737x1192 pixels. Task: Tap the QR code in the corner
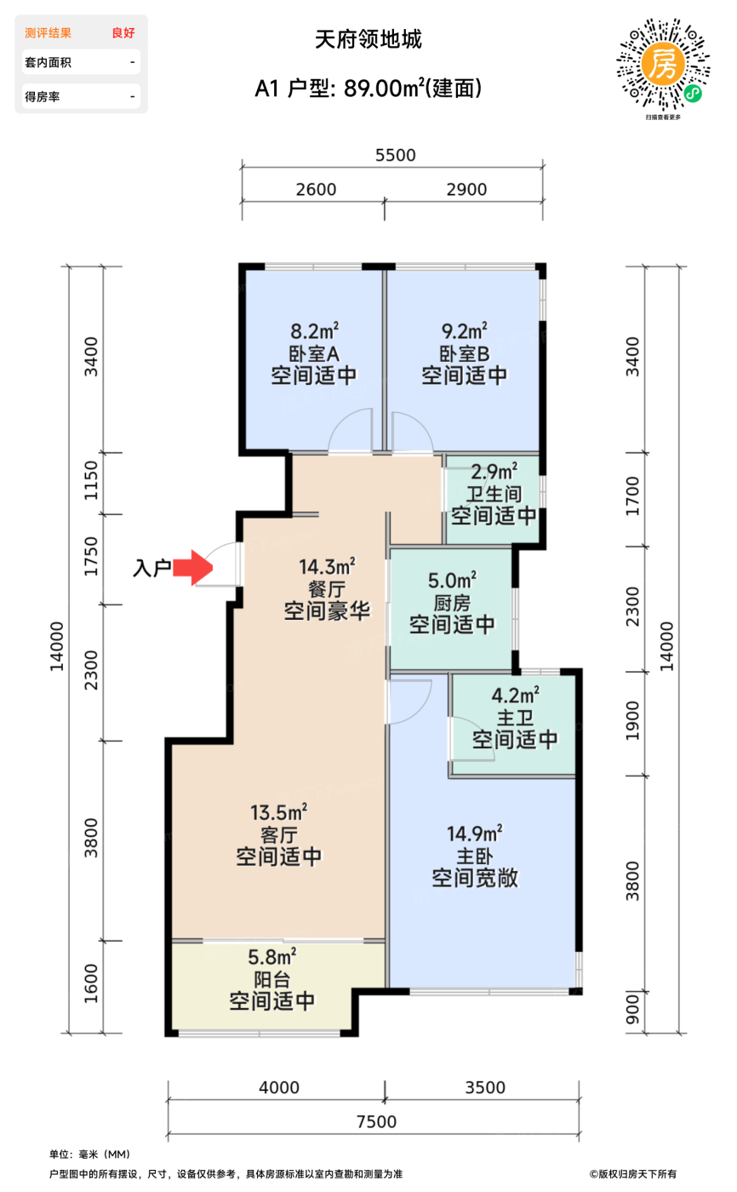click(663, 65)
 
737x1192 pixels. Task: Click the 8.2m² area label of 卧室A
click(314, 331)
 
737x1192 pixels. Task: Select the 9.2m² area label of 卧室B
click(464, 331)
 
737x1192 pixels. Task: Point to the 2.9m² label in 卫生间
click(494, 472)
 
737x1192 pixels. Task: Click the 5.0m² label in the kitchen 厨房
click(452, 580)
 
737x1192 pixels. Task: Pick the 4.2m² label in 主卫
click(515, 695)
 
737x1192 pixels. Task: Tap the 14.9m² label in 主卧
click(474, 834)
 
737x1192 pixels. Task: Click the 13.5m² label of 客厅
click(278, 812)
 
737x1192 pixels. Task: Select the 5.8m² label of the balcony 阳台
click(271, 957)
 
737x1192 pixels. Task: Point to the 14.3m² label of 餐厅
click(327, 567)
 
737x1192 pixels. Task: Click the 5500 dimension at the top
click(395, 155)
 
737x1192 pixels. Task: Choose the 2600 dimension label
click(316, 189)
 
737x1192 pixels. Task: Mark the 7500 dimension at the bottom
click(376, 1122)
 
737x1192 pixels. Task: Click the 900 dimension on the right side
click(631, 1008)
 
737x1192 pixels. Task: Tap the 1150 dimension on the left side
click(91, 480)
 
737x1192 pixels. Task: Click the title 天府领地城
click(368, 39)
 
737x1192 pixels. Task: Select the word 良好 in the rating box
click(123, 33)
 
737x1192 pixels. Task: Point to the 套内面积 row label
click(48, 62)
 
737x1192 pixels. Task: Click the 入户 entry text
click(152, 569)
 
